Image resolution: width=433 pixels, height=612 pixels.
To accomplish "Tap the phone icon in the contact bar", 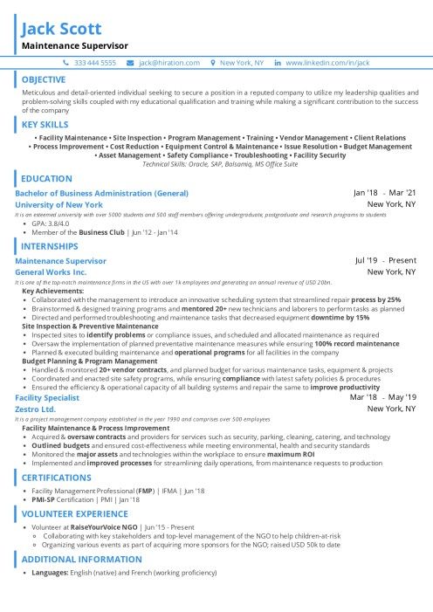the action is coord(66,64).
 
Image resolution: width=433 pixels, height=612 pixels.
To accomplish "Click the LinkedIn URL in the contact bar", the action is coord(333,64).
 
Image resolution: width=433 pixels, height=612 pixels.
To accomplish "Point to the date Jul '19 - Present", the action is coord(385,260).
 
